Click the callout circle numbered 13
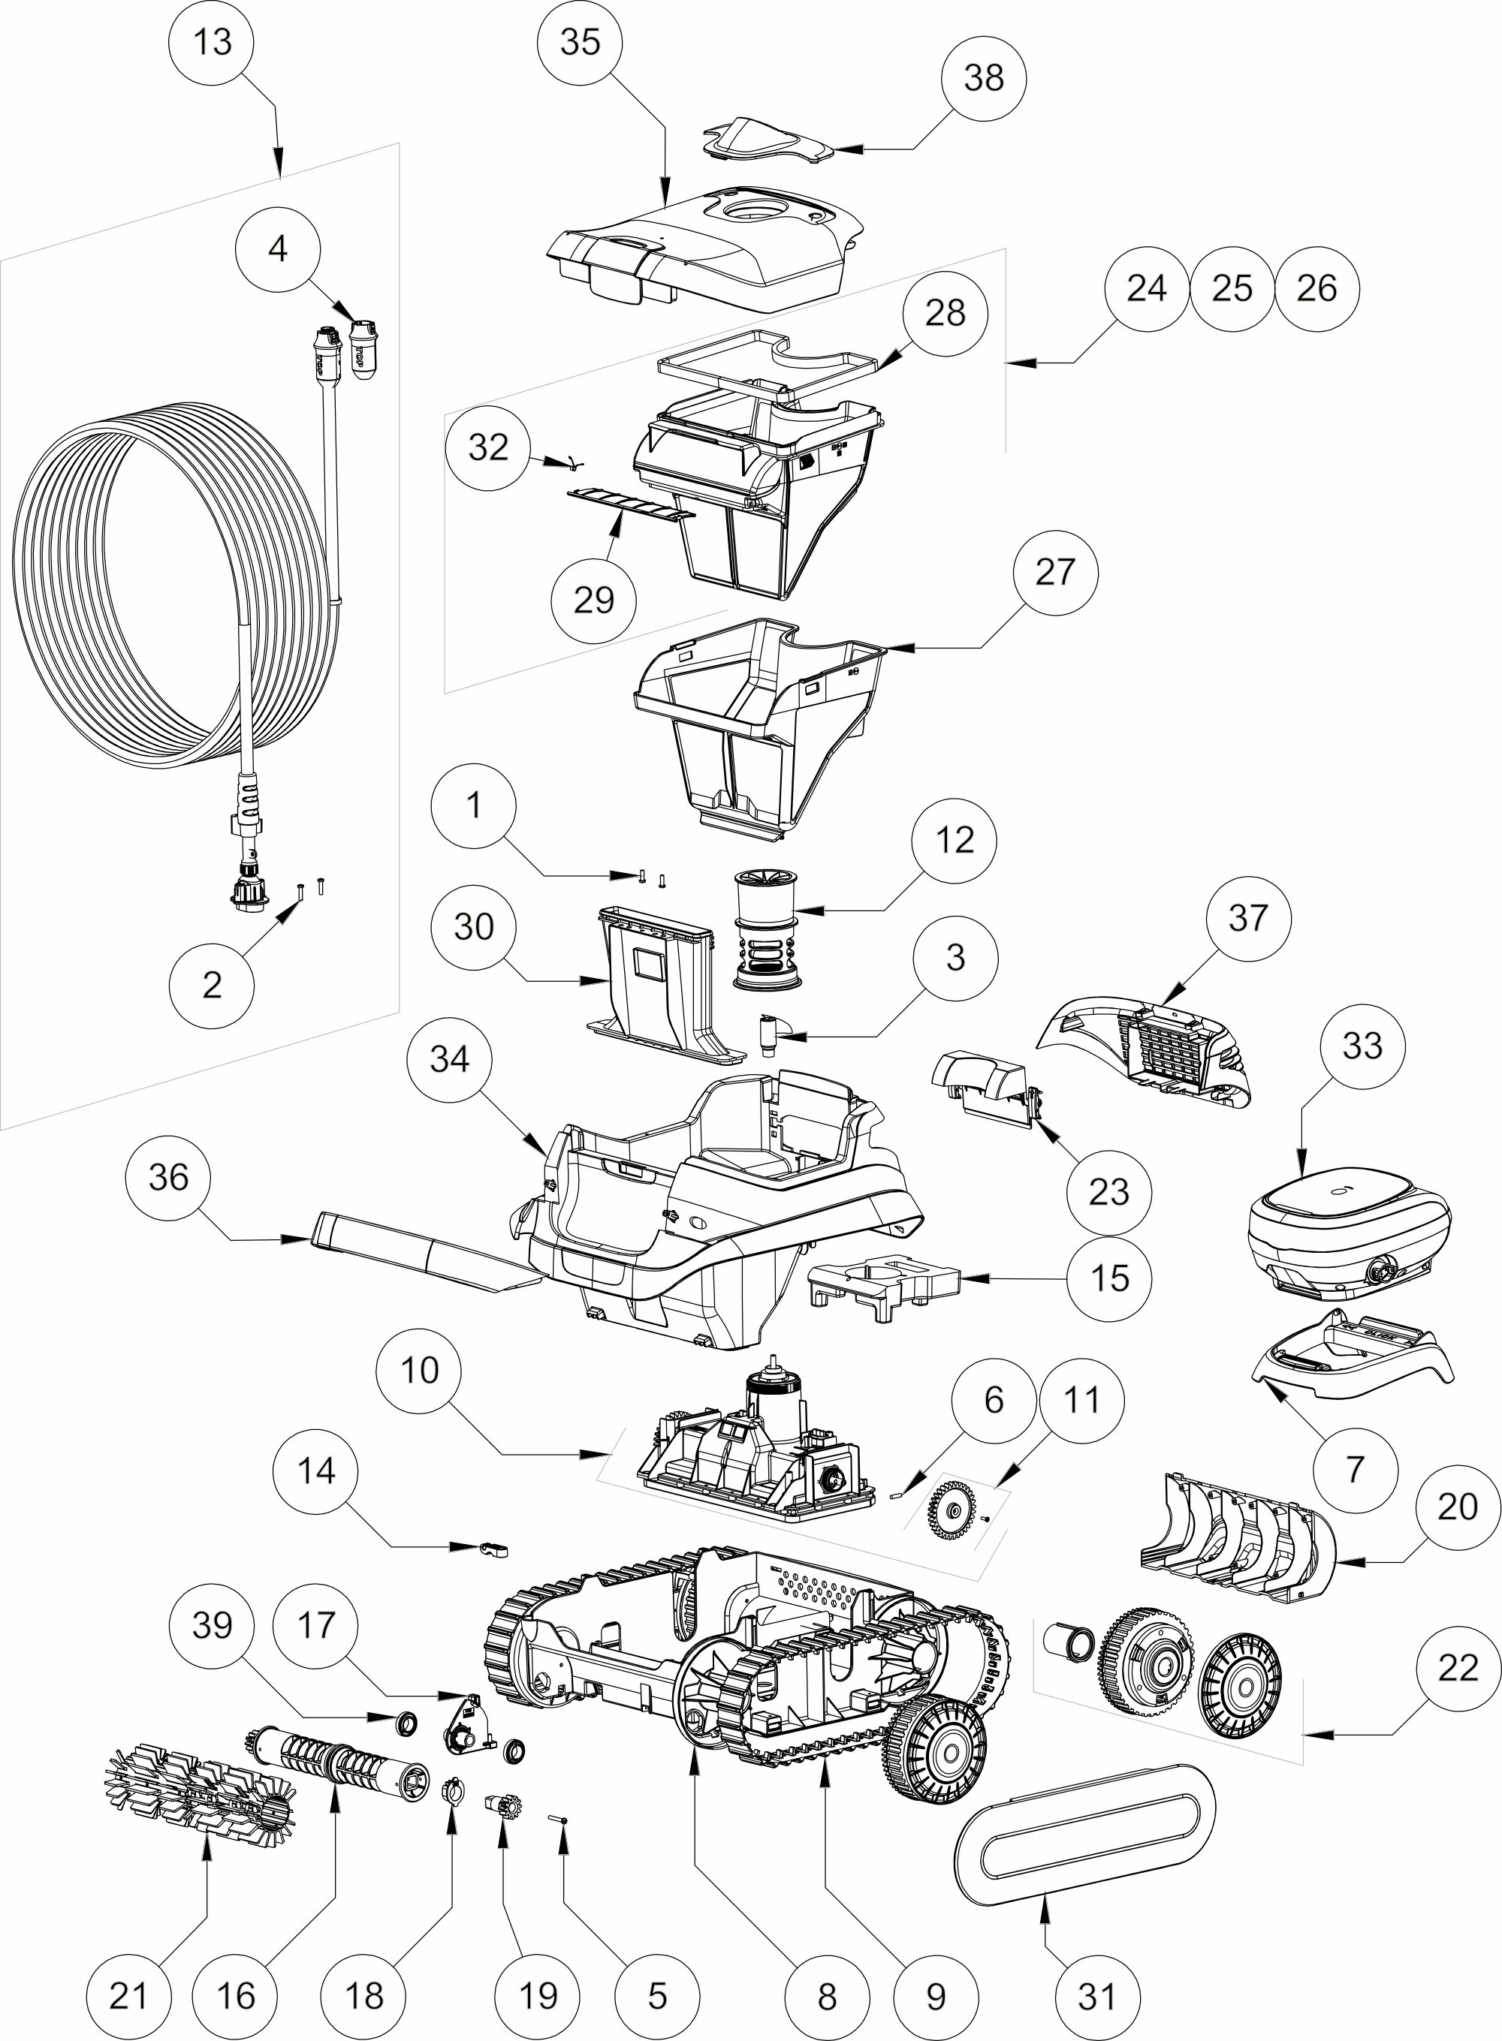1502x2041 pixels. pos(213,42)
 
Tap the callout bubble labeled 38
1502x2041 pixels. pos(983,78)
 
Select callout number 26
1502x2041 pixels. pos(1317,289)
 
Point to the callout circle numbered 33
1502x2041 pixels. pos(1362,1046)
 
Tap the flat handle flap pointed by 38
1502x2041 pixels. pos(768,141)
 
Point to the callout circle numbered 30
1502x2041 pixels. pos(474,927)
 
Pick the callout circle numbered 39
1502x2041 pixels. pos(213,1626)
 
